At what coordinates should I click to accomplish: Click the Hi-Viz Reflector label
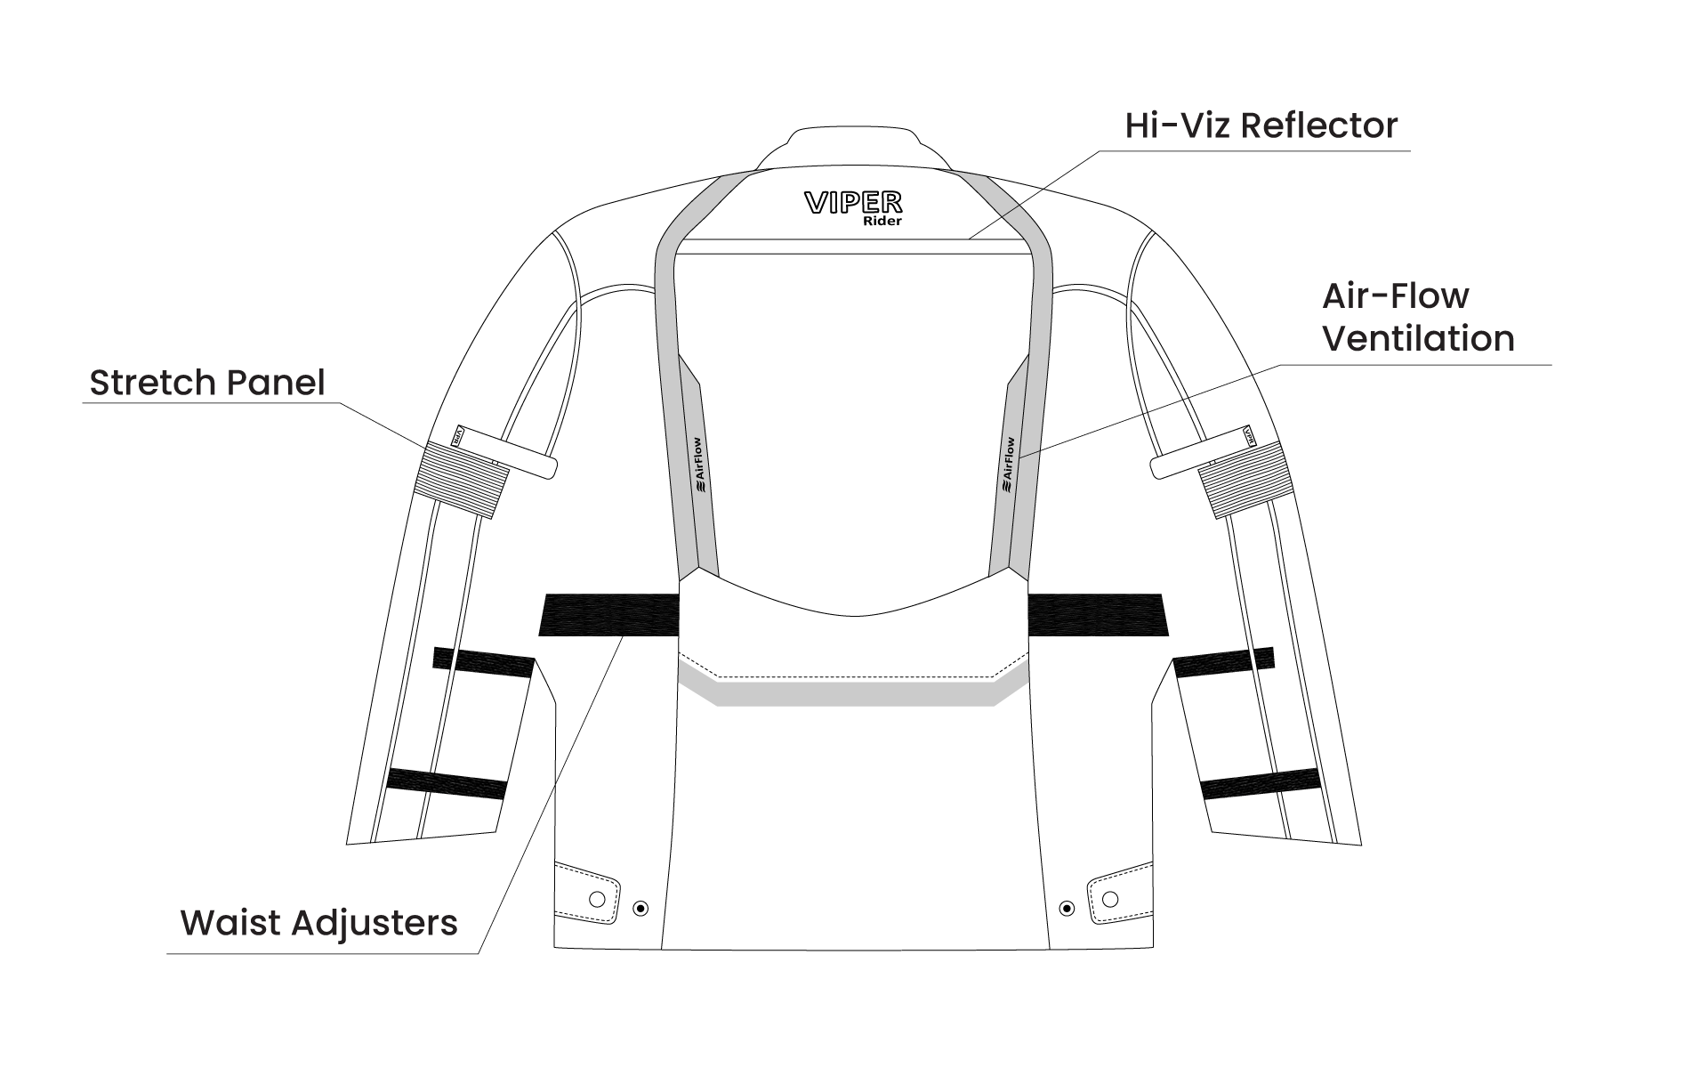tap(1261, 126)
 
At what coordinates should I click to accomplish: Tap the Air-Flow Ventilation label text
tap(1417, 318)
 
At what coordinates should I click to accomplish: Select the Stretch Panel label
tap(207, 383)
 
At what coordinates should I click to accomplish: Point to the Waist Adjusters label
tap(318, 923)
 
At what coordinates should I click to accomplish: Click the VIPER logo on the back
tap(852, 203)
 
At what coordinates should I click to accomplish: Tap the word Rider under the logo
tap(882, 222)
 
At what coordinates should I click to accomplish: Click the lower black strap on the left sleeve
tap(447, 783)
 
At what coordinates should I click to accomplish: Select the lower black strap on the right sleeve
tap(1260, 783)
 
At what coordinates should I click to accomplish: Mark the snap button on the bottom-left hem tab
tap(598, 897)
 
